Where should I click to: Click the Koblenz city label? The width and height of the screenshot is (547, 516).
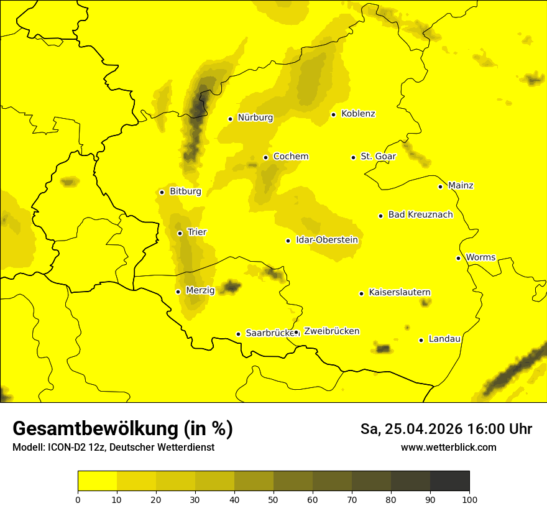[358, 114]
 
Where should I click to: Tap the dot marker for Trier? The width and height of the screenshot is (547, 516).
[180, 233]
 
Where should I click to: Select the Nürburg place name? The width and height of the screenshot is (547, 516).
[255, 117]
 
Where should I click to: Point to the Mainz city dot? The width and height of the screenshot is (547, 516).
[440, 187]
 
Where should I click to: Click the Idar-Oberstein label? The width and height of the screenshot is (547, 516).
[327, 240]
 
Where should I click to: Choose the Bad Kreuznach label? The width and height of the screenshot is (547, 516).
[420, 215]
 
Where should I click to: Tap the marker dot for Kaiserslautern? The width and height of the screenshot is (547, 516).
[361, 293]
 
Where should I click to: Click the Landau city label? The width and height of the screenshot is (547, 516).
[444, 339]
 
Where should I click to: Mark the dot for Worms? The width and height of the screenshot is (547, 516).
[458, 258]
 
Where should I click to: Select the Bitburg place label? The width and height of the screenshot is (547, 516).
[185, 191]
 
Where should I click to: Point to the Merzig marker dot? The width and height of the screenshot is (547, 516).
[178, 292]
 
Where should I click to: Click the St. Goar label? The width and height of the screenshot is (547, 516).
[378, 157]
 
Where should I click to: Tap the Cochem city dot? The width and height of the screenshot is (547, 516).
[265, 157]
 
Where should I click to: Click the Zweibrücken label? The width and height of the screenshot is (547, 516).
[331, 331]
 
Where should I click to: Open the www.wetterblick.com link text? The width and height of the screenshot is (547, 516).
[448, 447]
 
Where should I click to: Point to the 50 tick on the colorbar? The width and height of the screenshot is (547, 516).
[273, 499]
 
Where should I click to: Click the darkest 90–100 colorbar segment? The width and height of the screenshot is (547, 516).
[449, 481]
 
